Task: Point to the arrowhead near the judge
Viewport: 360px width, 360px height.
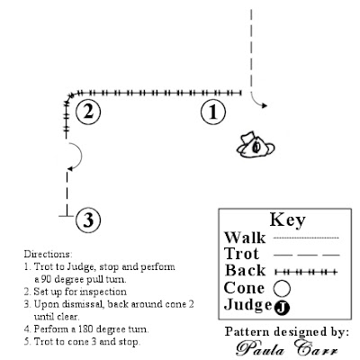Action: [x=262, y=106]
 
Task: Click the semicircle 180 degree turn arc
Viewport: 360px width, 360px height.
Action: [x=77, y=157]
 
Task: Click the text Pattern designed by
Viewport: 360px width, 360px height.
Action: [x=288, y=331]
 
